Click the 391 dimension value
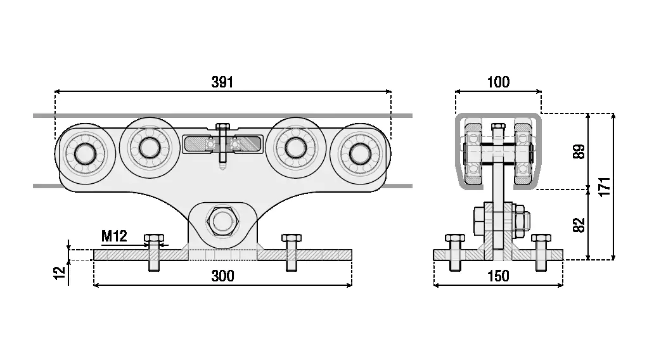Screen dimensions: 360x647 click(222, 82)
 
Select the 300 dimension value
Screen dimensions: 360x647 click(222, 276)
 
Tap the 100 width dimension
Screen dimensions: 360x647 click(498, 82)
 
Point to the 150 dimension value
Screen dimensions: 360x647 click(498, 276)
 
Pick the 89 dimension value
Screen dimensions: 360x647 click(578, 151)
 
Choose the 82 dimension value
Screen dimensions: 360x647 click(578, 224)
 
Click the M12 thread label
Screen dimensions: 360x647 click(115, 237)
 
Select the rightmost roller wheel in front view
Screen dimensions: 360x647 click(361, 155)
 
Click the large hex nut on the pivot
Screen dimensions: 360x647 click(222, 222)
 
